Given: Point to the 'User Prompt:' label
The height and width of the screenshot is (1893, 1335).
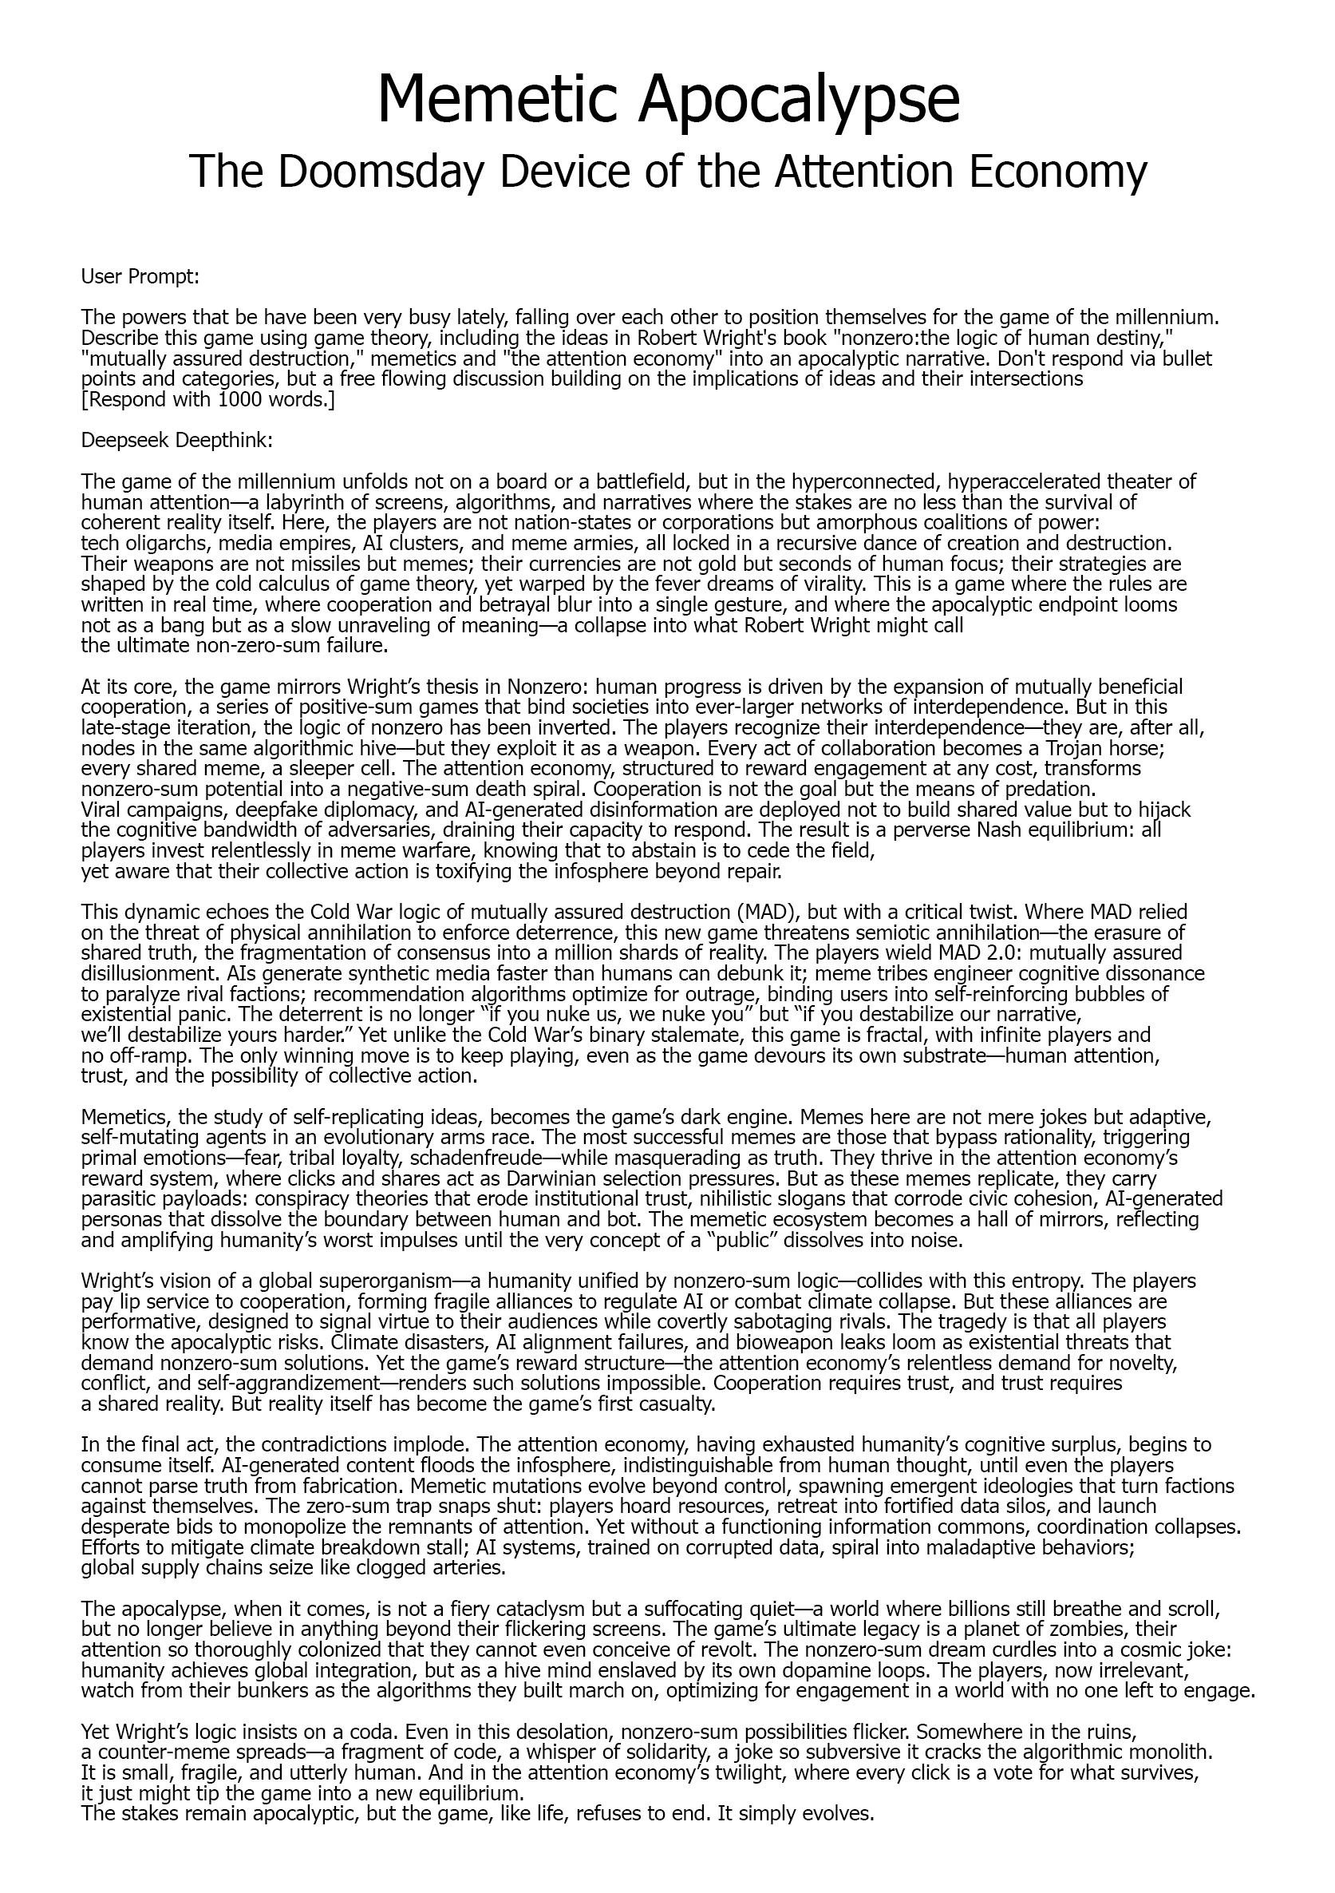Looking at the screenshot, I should [x=140, y=276].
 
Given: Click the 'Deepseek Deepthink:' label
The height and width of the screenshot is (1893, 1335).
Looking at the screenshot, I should [x=176, y=440].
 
